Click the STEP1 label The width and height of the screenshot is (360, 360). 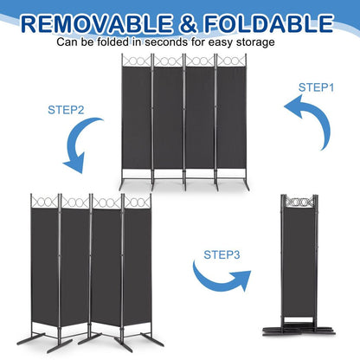[317, 87]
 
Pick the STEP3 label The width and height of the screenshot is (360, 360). [224, 254]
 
